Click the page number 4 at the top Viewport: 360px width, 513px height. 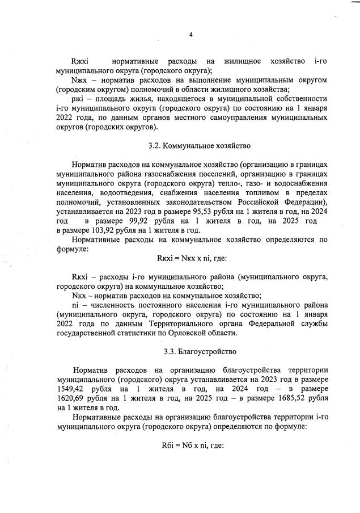pyautogui.click(x=191, y=35)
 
